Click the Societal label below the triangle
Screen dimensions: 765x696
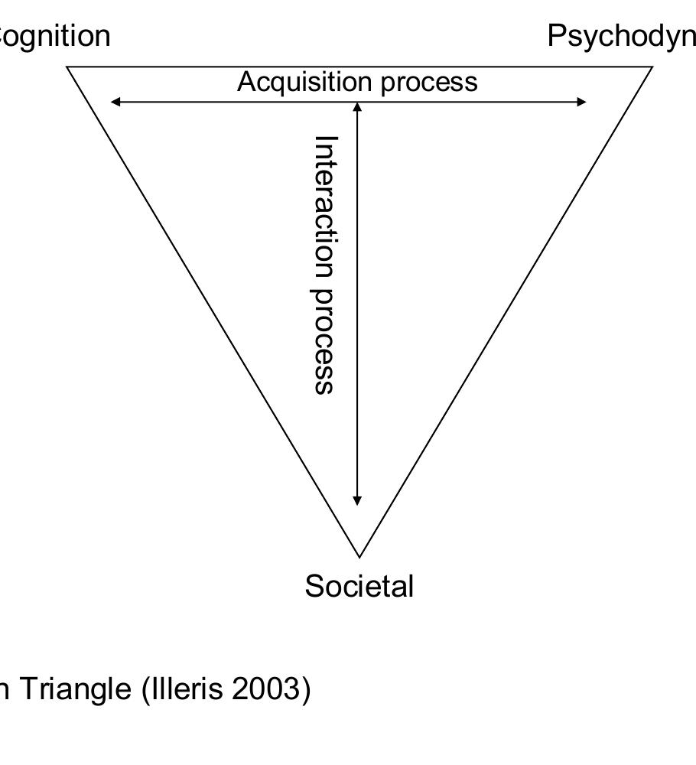[x=359, y=587]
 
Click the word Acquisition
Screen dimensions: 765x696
[x=305, y=81]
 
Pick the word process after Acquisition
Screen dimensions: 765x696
[x=429, y=82]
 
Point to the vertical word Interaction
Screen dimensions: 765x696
[x=327, y=206]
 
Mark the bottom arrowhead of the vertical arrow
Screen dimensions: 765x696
[x=357, y=500]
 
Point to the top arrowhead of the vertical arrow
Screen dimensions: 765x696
[x=357, y=106]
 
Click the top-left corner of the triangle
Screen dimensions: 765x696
[x=68, y=67]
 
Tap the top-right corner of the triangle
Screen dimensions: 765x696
[x=652, y=67]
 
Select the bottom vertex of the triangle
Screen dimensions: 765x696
[x=359, y=556]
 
